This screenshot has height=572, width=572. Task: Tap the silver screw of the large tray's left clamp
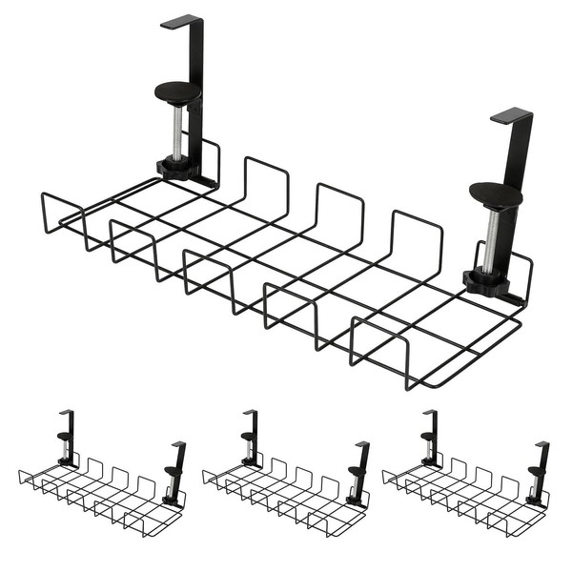pos(177,133)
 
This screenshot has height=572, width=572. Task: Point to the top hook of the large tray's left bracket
pos(183,20)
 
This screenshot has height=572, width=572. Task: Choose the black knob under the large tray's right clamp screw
pos(485,279)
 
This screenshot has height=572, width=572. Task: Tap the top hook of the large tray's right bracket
pos(512,116)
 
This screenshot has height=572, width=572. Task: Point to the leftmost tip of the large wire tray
pos(43,197)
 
